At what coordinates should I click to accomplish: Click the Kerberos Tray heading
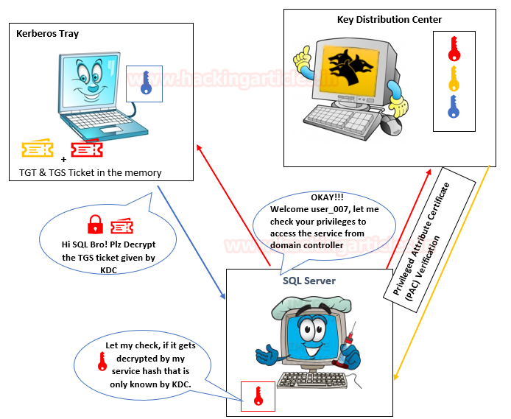point(47,34)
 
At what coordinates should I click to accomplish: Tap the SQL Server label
point(309,281)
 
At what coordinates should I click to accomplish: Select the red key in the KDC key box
point(454,49)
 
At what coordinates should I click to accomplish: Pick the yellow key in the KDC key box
point(454,77)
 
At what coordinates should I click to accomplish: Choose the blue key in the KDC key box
point(454,107)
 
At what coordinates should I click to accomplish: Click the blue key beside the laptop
point(145,82)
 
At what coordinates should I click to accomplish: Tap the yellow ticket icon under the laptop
point(37,150)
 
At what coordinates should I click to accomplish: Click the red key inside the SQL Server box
point(258,395)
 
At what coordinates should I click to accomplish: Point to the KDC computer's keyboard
point(338,116)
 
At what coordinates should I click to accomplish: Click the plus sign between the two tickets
point(63,158)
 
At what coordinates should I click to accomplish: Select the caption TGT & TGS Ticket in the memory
point(90,173)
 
